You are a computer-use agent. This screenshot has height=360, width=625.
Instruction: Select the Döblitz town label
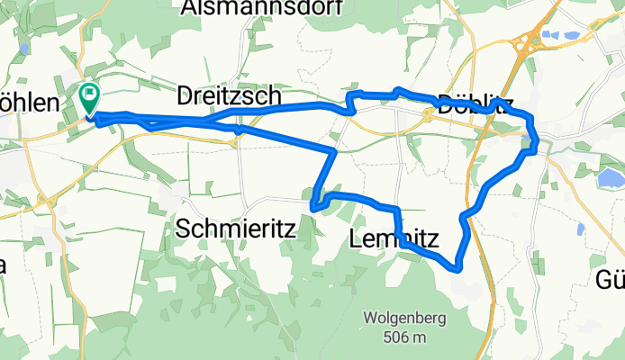pyautogui.click(x=468, y=102)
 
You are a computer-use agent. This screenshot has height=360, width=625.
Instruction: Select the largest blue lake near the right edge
pyautogui.click(x=610, y=179)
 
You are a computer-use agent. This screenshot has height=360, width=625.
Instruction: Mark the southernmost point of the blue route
pyautogui.click(x=457, y=267)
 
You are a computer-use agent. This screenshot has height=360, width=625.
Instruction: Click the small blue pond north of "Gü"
pyautogui.click(x=581, y=229)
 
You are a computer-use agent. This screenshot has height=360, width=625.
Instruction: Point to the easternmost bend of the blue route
pyautogui.click(x=538, y=144)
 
